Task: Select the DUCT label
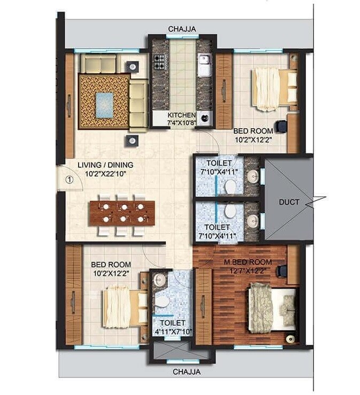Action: pos(289,202)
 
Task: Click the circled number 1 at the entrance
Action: pos(68,180)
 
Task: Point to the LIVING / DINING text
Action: pos(105,165)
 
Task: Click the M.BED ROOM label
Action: pos(248,262)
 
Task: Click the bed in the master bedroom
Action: pos(271,308)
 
